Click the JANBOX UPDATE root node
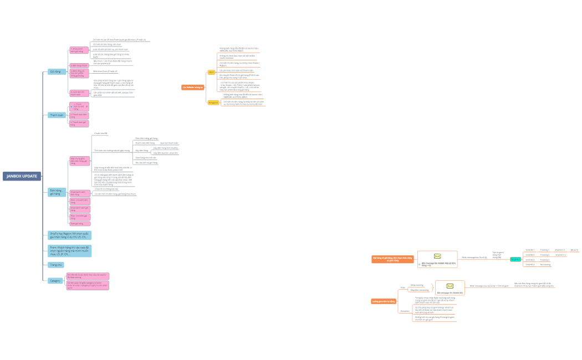click(22, 176)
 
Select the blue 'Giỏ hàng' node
click(55, 71)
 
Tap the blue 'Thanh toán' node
click(57, 115)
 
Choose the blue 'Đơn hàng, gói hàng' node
click(55, 192)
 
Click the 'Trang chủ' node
click(57, 265)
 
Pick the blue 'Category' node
click(55, 281)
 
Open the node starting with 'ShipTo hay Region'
click(69, 235)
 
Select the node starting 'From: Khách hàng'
click(69, 251)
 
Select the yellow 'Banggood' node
click(213, 102)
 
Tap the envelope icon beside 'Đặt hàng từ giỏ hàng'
click(437, 256)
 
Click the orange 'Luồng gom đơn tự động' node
click(384, 301)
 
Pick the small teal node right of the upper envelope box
click(515, 259)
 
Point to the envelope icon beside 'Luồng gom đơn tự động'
click(450, 286)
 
